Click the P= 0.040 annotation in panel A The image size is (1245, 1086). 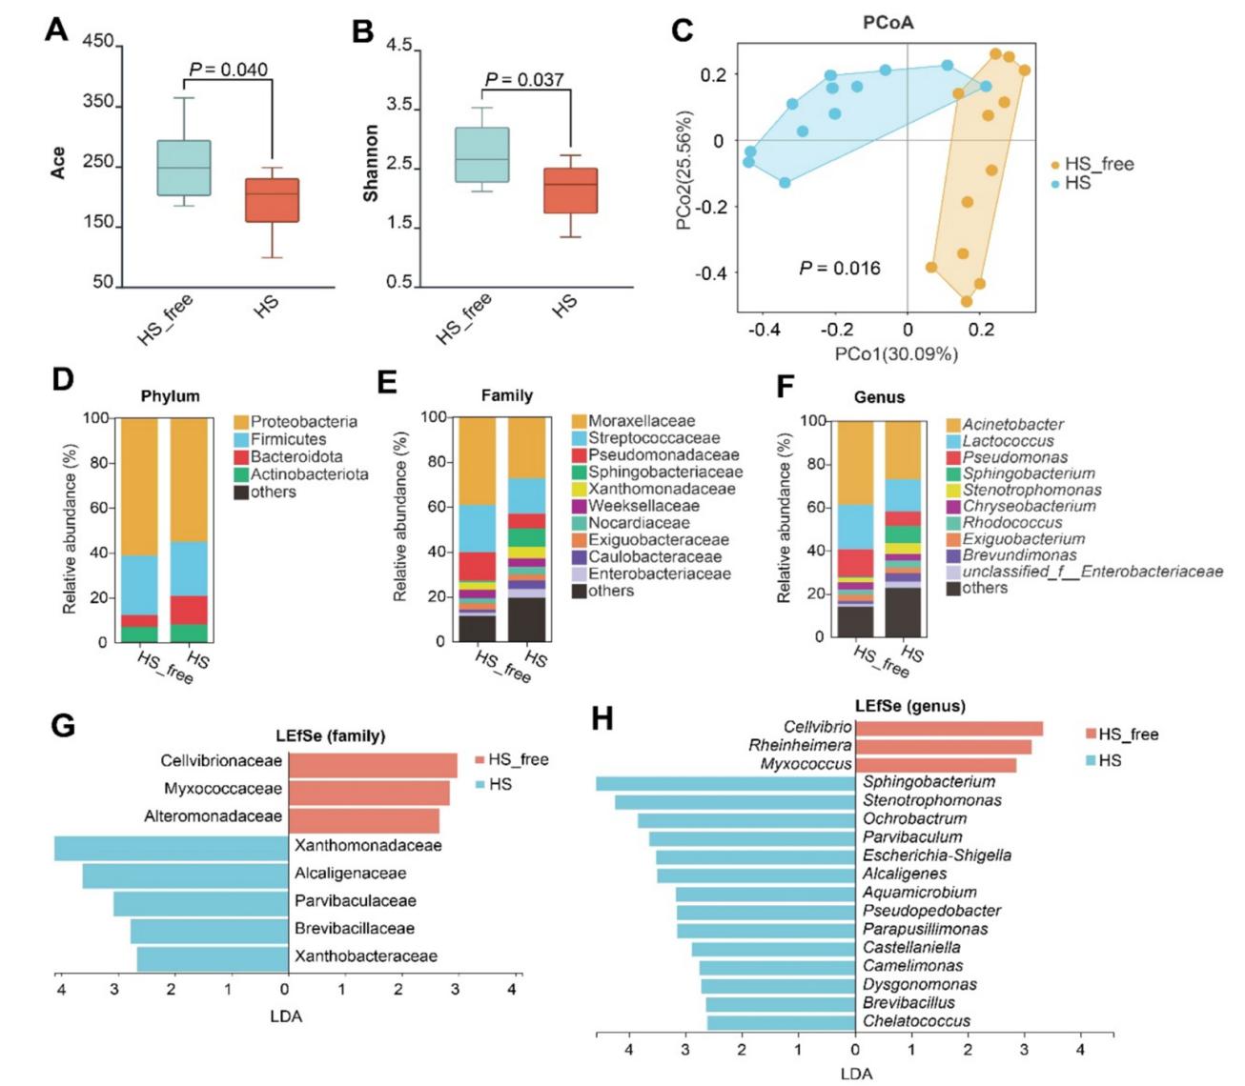tap(228, 70)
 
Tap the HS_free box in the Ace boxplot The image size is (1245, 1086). tap(184, 168)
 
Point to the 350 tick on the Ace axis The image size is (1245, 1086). tap(98, 102)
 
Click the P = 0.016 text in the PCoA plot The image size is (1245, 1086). tap(839, 269)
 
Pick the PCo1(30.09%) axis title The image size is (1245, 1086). tap(896, 354)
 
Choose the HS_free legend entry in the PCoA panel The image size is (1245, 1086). tap(1098, 164)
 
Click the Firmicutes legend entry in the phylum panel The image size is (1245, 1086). tap(288, 439)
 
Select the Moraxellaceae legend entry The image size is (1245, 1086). tap(642, 421)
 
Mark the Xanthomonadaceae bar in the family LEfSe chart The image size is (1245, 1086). tap(172, 846)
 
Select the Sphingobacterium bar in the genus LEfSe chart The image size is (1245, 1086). tap(725, 783)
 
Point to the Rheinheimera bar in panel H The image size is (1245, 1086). tap(943, 746)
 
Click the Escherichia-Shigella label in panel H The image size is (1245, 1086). tap(937, 855)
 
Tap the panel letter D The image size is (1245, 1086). tap(62, 380)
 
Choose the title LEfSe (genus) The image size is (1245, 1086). tap(909, 706)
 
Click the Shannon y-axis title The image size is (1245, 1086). tap(371, 163)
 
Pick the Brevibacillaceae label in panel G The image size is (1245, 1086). tap(355, 929)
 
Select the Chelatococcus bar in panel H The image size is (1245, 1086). tap(781, 1022)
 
